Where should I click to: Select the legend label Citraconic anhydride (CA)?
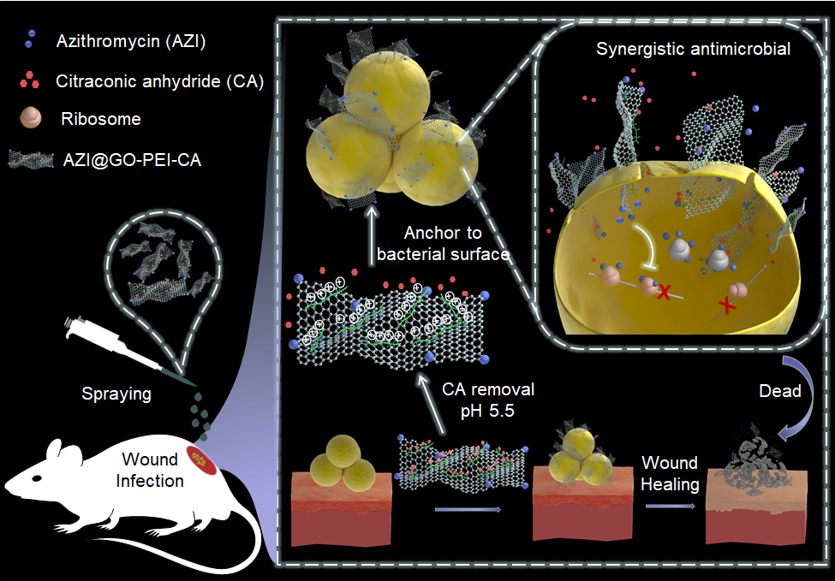pos(158,81)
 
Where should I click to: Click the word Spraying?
pos(116,394)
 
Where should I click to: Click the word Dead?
pos(779,391)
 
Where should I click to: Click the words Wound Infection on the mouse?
pos(151,470)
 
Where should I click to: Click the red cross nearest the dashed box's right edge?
pos(729,303)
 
